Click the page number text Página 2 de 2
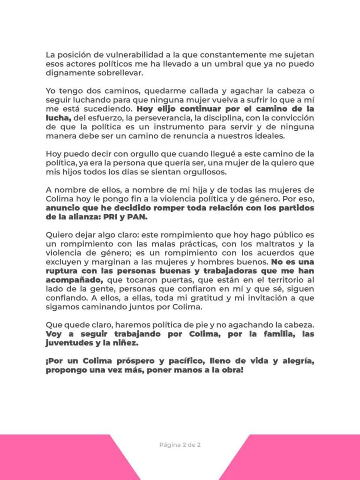(180, 445)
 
